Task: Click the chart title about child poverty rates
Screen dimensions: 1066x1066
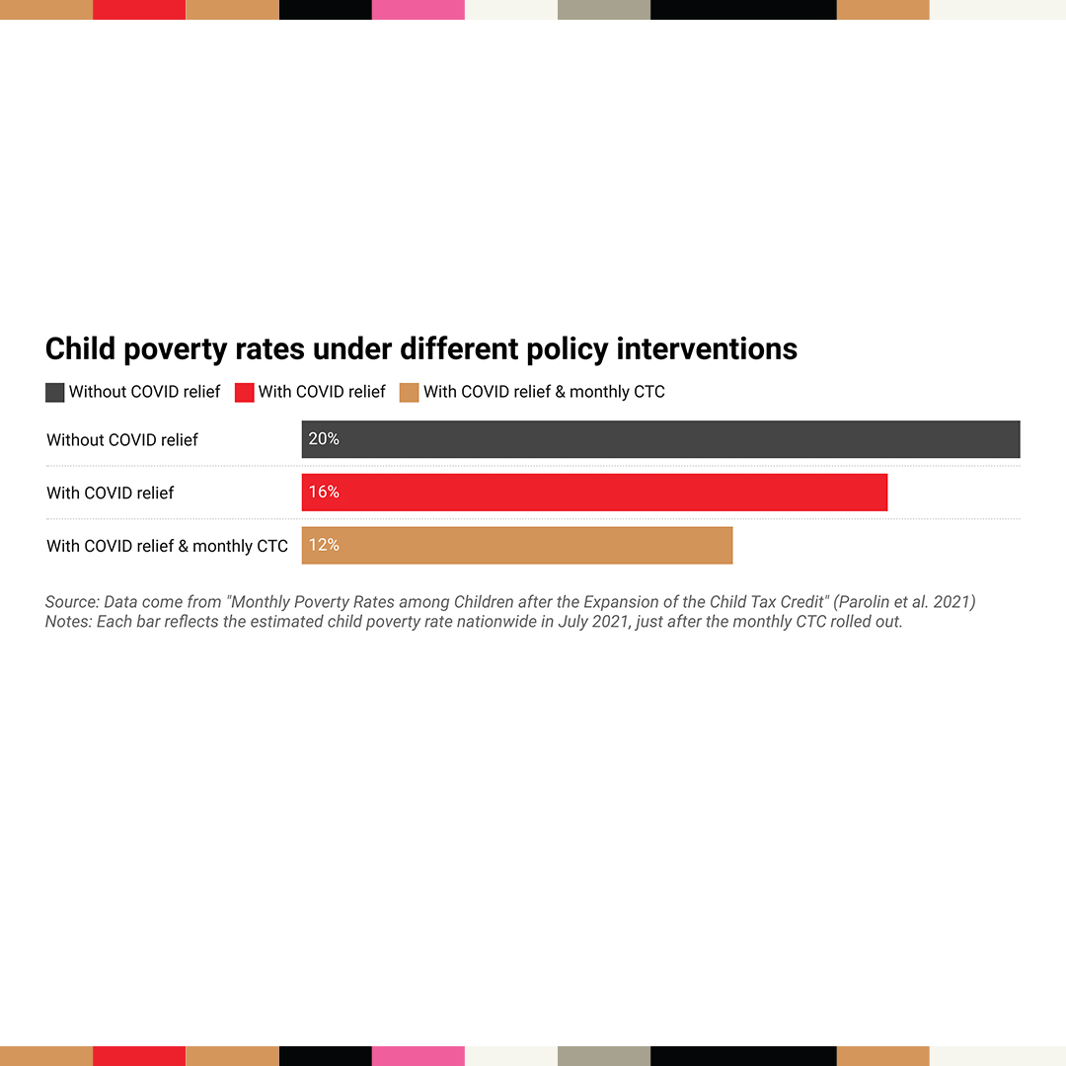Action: coord(421,349)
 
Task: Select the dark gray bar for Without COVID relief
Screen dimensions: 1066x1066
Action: coord(660,439)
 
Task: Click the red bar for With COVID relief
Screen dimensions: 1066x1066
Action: coord(594,493)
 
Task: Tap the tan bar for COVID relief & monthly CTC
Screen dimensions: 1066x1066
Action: coord(517,545)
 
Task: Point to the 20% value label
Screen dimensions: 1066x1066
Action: coord(324,439)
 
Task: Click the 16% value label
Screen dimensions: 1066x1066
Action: coord(324,492)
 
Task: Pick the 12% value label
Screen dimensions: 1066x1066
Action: coord(324,545)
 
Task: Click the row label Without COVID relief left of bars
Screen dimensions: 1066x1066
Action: coord(122,440)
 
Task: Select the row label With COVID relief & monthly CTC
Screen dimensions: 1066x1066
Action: coord(167,546)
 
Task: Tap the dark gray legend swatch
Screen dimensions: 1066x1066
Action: coord(55,393)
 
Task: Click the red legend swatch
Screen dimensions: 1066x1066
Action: coord(245,393)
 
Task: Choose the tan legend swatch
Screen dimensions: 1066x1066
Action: coord(410,393)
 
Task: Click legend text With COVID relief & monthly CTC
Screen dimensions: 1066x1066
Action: coord(544,392)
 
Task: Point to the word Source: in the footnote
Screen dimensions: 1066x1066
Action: coord(72,602)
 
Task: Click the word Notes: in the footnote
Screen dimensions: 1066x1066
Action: coord(68,623)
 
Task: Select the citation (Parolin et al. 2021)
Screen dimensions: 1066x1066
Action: coord(904,602)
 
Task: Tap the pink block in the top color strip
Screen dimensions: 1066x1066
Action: coord(419,10)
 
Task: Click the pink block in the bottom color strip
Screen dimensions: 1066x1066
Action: coord(419,1056)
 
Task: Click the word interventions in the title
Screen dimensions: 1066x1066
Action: coord(707,349)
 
